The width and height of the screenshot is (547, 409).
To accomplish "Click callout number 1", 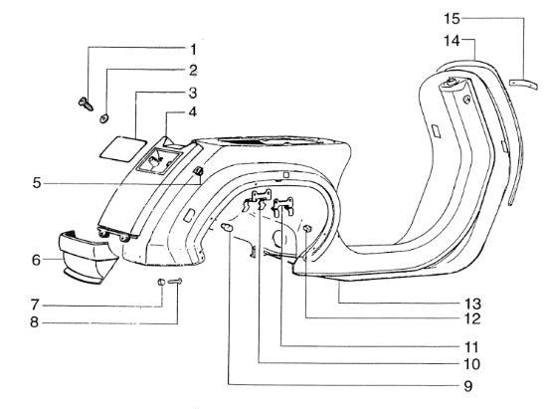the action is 193,50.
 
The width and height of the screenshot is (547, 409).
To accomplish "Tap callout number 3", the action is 193,94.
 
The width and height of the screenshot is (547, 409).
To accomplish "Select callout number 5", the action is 37,183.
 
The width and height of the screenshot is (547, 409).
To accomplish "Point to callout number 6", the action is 36,260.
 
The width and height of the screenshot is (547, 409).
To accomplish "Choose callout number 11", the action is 471,347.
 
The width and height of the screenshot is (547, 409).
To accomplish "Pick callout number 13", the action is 472,304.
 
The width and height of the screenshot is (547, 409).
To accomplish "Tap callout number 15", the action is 453,19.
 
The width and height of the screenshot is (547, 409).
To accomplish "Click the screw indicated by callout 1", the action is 86,103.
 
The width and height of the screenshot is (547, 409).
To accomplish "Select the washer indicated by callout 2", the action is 103,118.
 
